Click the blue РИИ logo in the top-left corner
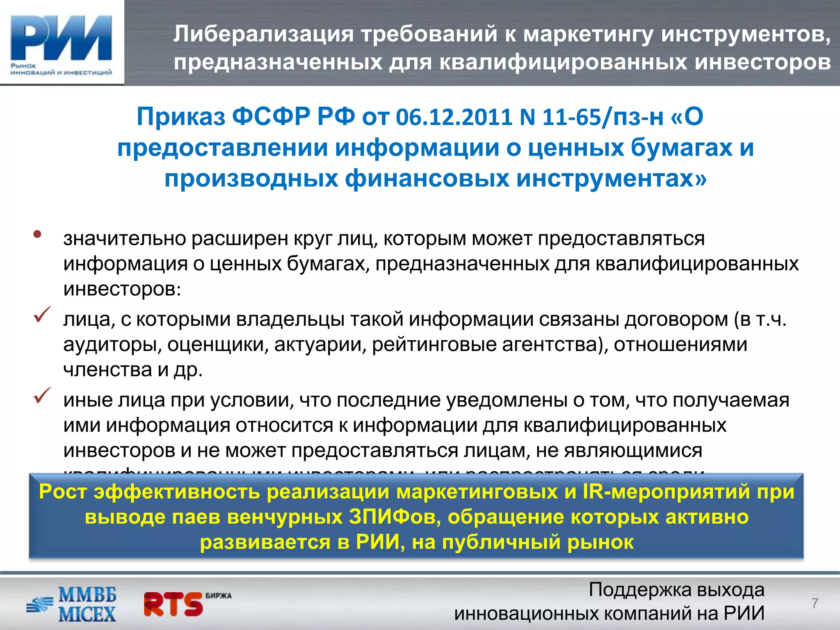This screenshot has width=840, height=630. point(62,43)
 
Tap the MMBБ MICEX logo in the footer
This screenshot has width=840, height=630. point(72,604)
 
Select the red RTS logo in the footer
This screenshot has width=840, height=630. point(173,604)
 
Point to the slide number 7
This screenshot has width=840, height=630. point(815,603)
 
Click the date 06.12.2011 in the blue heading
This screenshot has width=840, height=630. point(454,117)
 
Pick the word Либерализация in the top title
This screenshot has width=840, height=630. point(263,34)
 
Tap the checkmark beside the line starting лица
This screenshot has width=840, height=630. point(42,315)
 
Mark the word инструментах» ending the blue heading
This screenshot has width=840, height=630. point(611,179)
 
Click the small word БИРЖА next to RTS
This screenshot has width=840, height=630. point(219,596)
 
